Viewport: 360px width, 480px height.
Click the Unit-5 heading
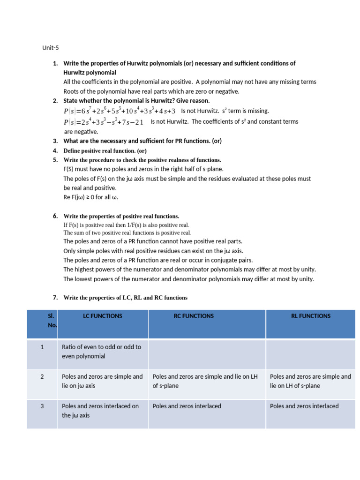tap(51, 48)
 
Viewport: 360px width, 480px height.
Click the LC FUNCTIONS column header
tap(102, 316)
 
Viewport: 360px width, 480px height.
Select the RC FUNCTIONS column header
tap(194, 316)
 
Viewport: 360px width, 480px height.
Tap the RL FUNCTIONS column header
tap(311, 316)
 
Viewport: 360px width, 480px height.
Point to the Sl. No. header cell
tap(52, 320)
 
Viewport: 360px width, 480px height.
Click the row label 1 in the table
tap(42, 347)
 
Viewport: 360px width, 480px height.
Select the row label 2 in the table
tap(42, 376)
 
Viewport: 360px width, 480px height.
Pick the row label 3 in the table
tap(42, 406)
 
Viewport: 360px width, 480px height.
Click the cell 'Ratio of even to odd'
tap(101, 352)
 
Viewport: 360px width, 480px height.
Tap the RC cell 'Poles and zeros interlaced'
tap(187, 406)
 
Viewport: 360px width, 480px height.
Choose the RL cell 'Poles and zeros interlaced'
tap(304, 406)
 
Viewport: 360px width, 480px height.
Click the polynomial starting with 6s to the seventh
tap(119, 111)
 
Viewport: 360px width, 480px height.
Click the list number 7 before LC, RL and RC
tap(55, 298)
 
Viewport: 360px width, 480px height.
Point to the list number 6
tap(55, 216)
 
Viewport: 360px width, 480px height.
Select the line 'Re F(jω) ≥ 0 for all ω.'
tap(91, 197)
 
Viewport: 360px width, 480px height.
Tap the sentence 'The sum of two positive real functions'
tap(127, 232)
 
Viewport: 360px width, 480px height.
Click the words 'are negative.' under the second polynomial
tap(81, 132)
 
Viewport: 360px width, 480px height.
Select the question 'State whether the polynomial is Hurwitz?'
tap(136, 101)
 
